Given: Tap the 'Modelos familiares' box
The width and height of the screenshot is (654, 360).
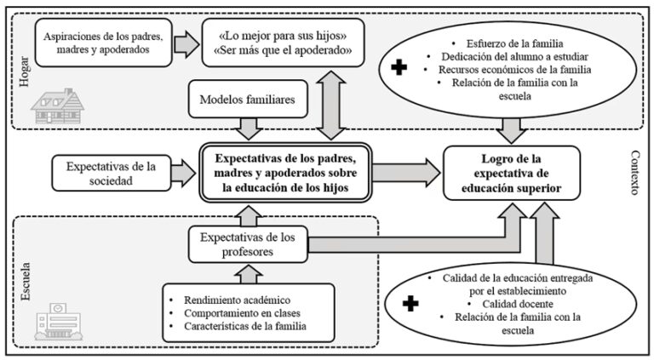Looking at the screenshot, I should click(x=248, y=100).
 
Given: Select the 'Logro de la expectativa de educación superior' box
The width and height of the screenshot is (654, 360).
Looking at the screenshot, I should click(x=512, y=173).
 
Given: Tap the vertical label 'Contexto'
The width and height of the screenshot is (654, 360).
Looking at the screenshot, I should click(x=634, y=173).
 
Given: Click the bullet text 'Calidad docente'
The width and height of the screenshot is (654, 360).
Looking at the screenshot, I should click(x=507, y=305).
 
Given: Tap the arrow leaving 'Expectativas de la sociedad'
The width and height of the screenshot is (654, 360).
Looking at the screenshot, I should click(x=182, y=173).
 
